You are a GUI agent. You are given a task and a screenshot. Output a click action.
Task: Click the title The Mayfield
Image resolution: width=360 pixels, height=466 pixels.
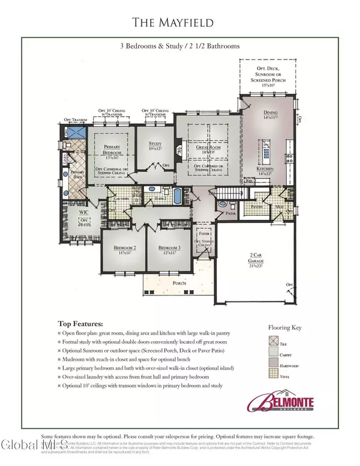[x=179, y=23]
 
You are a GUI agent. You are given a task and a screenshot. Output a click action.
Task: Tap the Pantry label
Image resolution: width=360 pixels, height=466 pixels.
[x=257, y=207]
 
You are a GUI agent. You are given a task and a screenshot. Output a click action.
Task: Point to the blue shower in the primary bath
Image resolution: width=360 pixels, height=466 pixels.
[x=75, y=134]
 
